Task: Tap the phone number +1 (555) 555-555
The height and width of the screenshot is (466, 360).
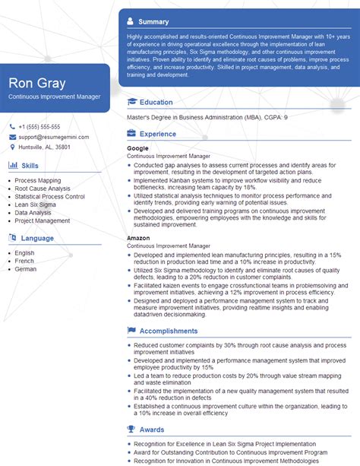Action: coord(39,126)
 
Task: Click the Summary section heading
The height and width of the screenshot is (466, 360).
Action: coord(154,21)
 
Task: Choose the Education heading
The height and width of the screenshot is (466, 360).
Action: coord(156,102)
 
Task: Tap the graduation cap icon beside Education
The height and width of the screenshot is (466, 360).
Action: coord(132,102)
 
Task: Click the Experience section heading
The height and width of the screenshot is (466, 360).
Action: coord(158,134)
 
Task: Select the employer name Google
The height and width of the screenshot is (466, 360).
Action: coord(137,148)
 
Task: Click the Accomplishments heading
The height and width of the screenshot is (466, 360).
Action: coord(169,331)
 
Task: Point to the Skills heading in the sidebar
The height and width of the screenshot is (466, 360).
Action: coord(30,165)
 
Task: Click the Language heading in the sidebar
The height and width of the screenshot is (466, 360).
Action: coord(37,238)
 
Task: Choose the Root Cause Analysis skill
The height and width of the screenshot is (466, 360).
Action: coord(43,189)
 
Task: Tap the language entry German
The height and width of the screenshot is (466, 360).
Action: coord(25,269)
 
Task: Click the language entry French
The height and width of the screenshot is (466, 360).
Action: coord(24,261)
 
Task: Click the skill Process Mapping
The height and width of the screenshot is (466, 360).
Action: coord(39,180)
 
